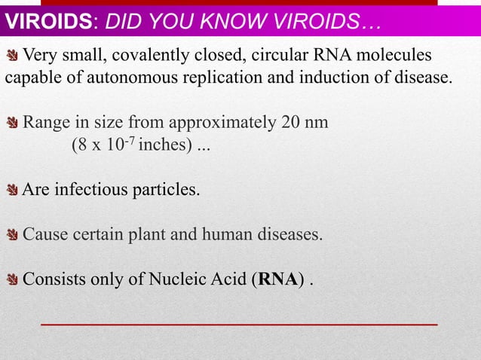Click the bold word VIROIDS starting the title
coord(51,22)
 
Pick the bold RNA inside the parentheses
coord(277,280)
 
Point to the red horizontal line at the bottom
coord(238,323)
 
